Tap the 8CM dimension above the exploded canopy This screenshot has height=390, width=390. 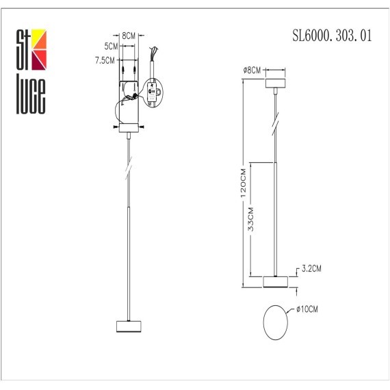[127, 34]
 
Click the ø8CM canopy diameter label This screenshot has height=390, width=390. [252, 70]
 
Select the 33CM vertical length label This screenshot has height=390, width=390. [251, 218]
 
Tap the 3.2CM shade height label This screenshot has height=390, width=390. [311, 268]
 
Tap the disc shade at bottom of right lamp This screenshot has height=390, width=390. [277, 281]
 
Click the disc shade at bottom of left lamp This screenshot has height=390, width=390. [128, 325]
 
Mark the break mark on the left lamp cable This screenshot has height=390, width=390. [129, 167]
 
